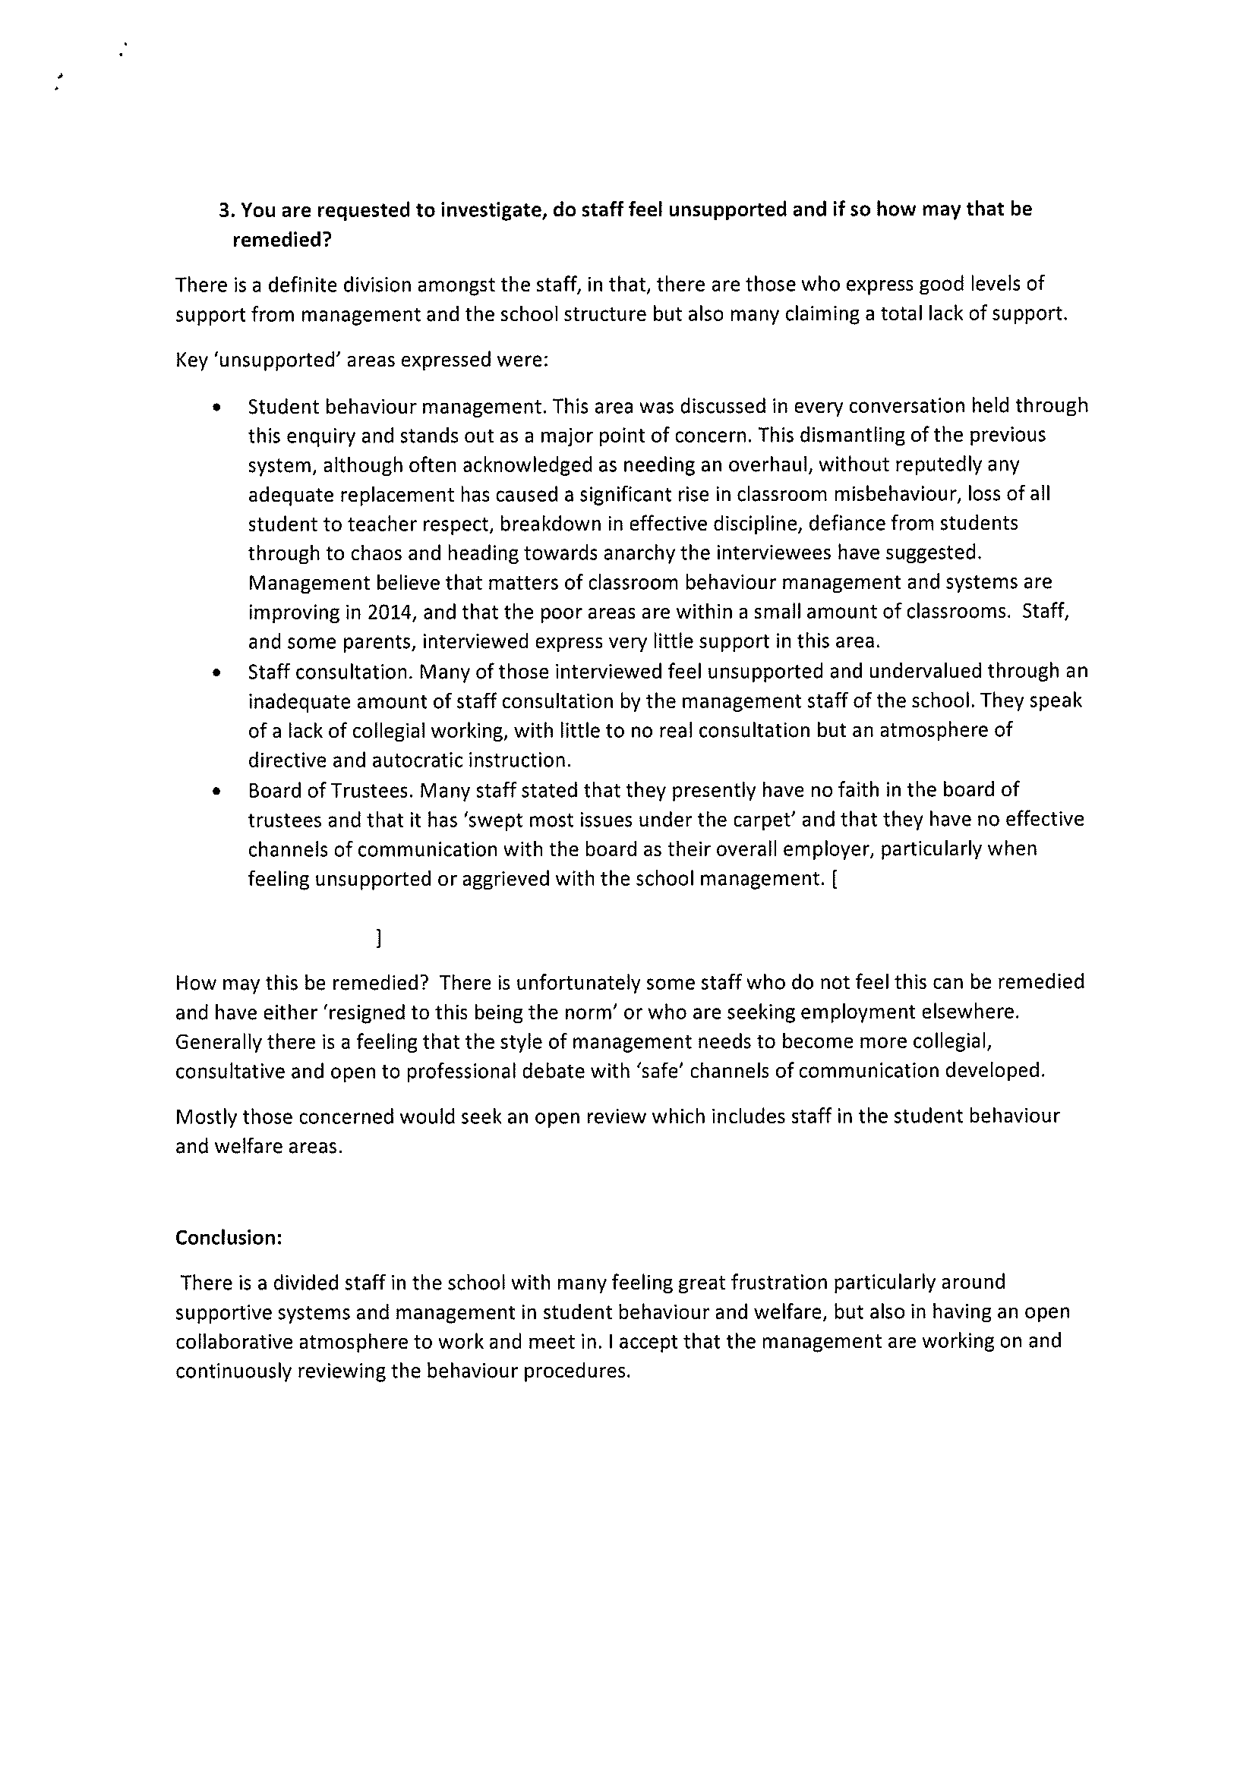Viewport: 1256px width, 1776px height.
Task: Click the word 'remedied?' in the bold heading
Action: (282, 240)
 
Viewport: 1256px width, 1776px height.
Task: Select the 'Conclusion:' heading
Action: (229, 1238)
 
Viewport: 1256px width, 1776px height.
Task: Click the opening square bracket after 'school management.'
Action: (833, 880)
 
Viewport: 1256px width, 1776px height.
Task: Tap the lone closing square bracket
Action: (377, 939)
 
